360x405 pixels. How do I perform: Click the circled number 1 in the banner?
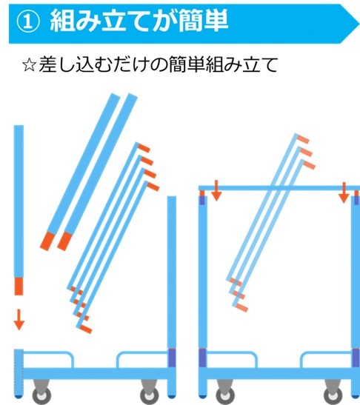point(28,21)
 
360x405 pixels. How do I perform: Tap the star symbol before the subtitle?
point(29,65)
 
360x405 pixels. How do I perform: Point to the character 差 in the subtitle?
point(47,64)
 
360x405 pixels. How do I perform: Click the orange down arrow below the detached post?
point(19,320)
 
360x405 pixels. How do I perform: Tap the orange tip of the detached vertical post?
point(19,287)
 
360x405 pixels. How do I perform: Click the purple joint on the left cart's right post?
point(172,358)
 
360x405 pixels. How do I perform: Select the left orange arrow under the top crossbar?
point(216,190)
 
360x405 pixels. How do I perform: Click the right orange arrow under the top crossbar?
point(344,193)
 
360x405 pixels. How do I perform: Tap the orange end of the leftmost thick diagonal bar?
point(47,241)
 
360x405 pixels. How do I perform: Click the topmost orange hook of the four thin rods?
point(144,148)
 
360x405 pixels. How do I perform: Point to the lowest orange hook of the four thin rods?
point(85,329)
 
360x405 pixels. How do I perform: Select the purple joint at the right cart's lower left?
point(203,358)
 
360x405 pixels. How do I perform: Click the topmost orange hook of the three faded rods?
point(303,139)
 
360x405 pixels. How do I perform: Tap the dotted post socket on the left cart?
point(19,372)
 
